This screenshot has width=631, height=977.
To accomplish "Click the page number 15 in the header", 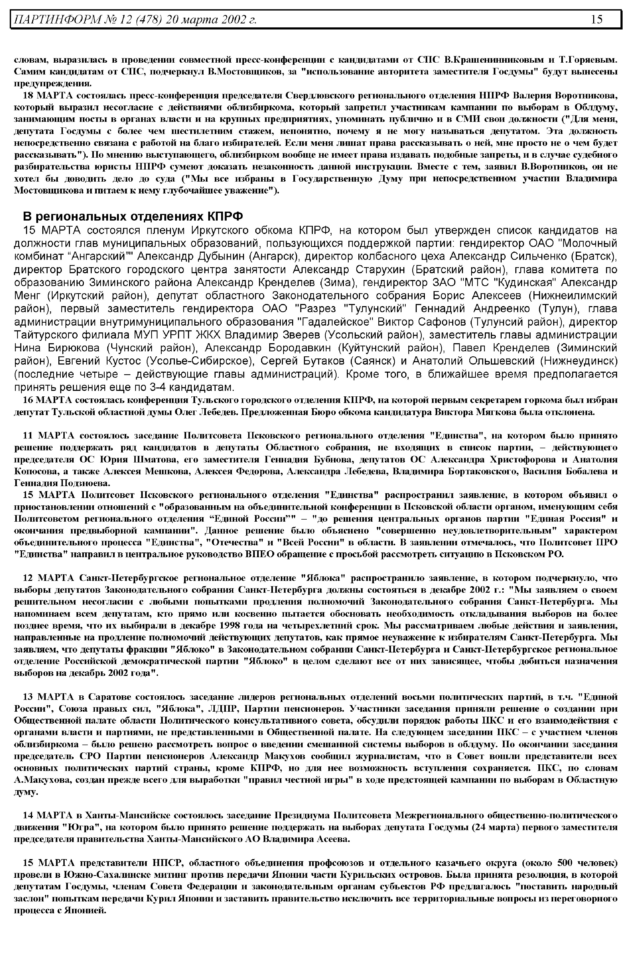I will pos(597,19).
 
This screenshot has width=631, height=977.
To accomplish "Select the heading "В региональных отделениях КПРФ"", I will pos(132,216).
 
